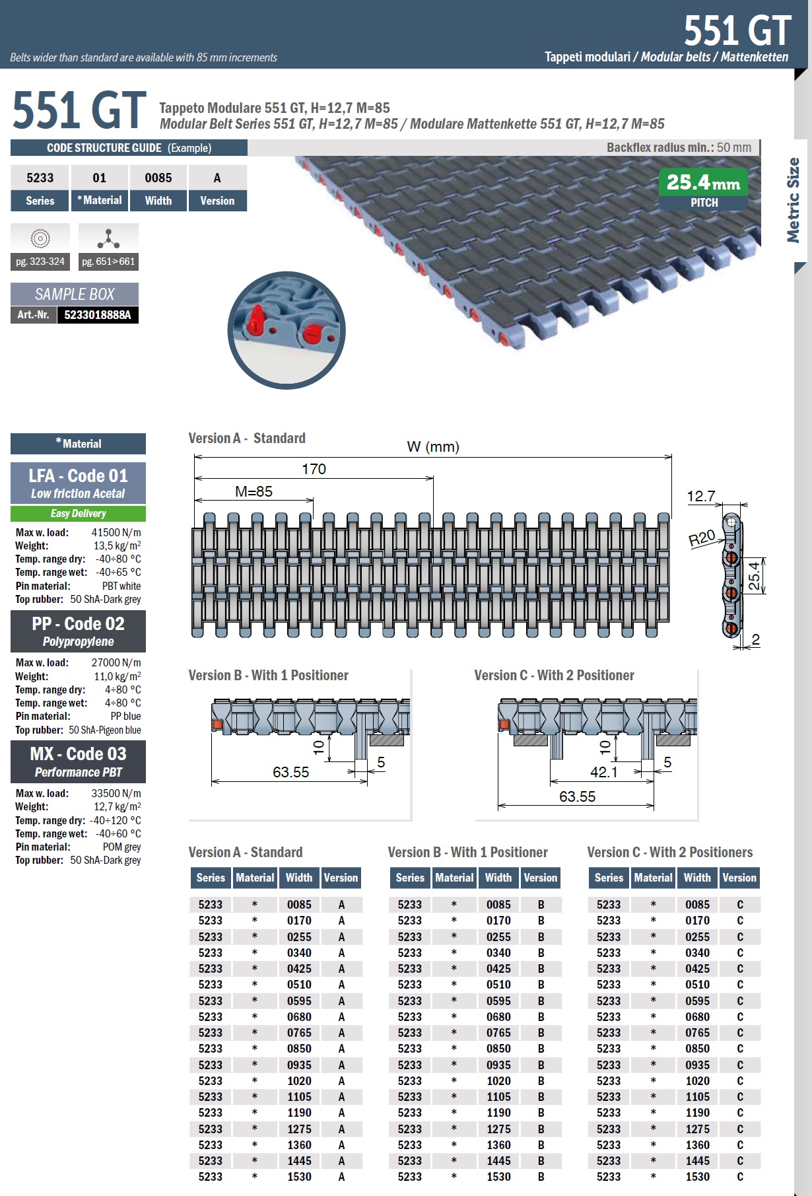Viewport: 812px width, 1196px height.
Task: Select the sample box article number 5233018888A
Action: [98, 315]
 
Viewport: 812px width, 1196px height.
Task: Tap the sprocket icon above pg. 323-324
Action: [40, 238]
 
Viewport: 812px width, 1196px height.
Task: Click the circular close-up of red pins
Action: [287, 330]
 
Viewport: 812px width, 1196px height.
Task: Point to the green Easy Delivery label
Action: [78, 514]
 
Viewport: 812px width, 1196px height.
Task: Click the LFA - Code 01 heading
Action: [78, 475]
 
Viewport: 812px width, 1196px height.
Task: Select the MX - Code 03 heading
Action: [78, 754]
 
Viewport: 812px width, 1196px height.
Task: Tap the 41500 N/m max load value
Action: [116, 533]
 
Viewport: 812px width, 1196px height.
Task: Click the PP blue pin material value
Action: [125, 717]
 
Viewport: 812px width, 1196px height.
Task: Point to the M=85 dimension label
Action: [254, 491]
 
